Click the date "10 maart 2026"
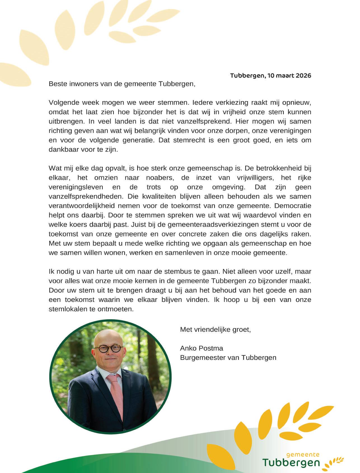pos(289,76)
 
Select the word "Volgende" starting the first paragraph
pos(62,102)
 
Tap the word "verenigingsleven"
pos(76,187)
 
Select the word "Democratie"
pos(293,206)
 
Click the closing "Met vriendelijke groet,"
pos(215,330)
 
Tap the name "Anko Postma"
pos(202,348)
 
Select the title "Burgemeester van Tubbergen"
pos(228,358)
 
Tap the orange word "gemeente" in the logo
pos(303,455)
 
